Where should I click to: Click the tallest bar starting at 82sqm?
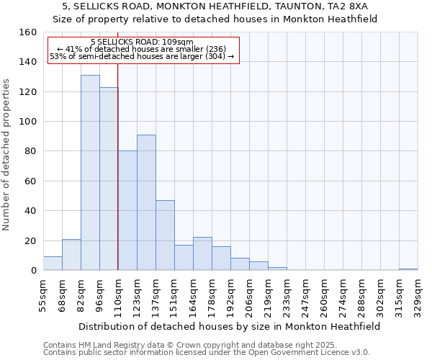point(90,173)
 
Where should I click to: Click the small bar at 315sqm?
point(408,269)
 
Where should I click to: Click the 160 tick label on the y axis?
point(28,32)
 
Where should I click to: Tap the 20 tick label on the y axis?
point(31,240)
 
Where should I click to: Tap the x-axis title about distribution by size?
point(229,326)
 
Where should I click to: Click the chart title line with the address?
point(216,6)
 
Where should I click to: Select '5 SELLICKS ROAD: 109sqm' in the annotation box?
point(143,42)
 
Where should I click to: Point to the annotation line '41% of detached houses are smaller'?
point(141,49)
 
